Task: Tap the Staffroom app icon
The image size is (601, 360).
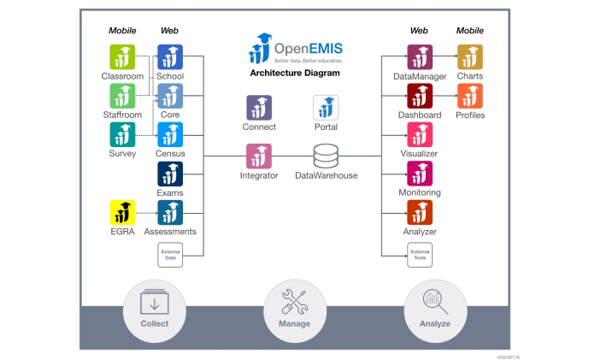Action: click(122, 96)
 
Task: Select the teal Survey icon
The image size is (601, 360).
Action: click(122, 135)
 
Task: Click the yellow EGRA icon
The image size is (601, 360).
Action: click(122, 212)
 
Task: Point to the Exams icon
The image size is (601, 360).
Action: click(170, 174)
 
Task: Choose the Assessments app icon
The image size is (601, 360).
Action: click(170, 212)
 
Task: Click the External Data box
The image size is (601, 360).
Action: click(170, 254)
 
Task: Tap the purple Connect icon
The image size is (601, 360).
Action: click(259, 108)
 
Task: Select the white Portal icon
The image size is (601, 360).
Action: click(326, 108)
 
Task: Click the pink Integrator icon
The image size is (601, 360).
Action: click(259, 156)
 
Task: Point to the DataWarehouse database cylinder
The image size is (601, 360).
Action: click(326, 156)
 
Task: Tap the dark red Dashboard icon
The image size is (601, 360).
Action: click(420, 96)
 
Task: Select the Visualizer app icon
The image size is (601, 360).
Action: click(420, 135)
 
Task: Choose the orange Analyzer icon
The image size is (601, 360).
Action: click(420, 212)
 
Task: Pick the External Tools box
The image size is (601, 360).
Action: click(420, 254)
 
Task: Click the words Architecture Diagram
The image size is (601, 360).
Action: click(294, 74)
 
